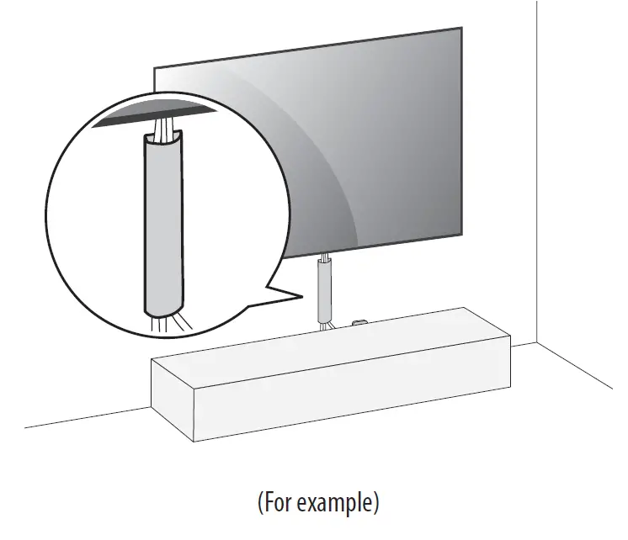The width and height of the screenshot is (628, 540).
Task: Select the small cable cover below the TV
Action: pyautogui.click(x=324, y=291)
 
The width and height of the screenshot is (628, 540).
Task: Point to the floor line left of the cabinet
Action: pyautogui.click(x=84, y=417)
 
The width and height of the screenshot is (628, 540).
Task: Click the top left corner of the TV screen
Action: pyautogui.click(x=154, y=64)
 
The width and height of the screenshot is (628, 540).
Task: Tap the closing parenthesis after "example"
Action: pyautogui.click(x=375, y=503)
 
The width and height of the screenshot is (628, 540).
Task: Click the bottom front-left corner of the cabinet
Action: pyautogui.click(x=194, y=441)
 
